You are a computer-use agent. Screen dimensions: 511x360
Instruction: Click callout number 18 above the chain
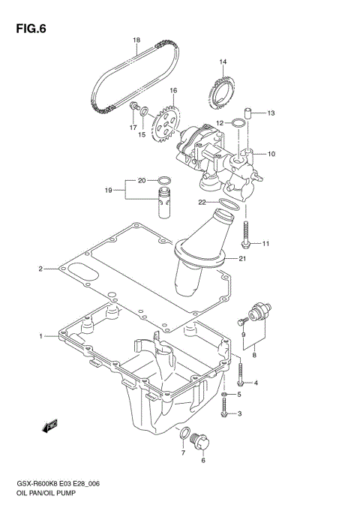tap(136, 40)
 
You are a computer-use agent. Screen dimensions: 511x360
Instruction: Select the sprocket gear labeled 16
tap(168, 123)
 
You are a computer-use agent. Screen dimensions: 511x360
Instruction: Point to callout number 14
tap(223, 62)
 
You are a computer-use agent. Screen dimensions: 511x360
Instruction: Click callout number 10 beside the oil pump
tap(271, 155)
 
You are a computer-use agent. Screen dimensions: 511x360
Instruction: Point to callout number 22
tap(202, 202)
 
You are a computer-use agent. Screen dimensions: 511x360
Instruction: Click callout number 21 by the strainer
tap(241, 260)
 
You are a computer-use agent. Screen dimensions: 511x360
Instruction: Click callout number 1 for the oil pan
tap(42, 335)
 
